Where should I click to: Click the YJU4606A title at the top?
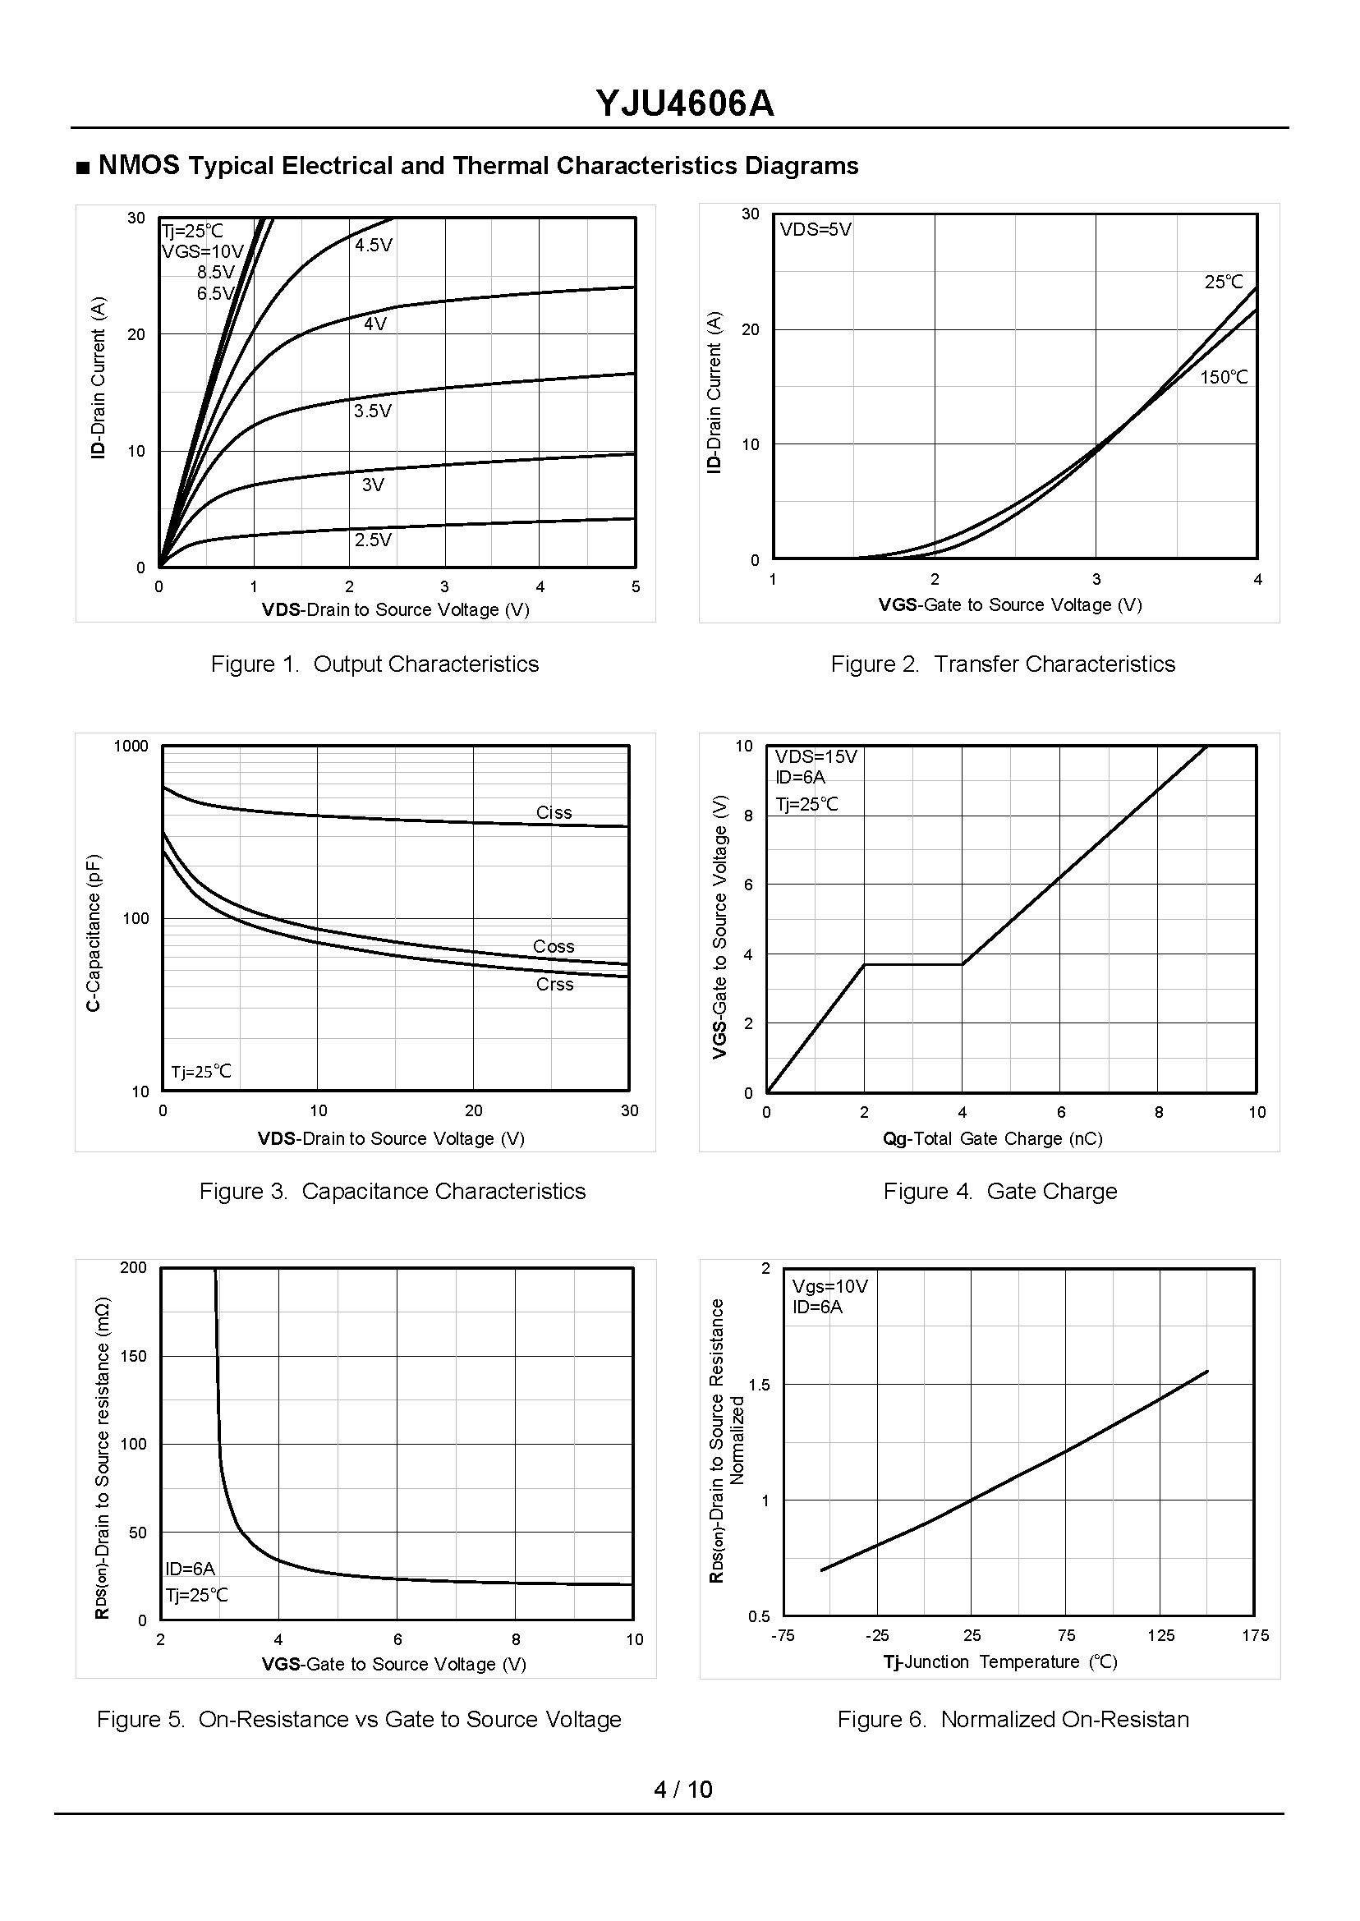(684, 103)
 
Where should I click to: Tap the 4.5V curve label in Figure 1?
(374, 246)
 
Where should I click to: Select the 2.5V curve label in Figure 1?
(373, 540)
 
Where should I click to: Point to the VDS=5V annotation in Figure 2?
(816, 229)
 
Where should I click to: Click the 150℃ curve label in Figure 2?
(1224, 378)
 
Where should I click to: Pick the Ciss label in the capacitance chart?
(554, 812)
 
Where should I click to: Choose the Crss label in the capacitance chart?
(554, 985)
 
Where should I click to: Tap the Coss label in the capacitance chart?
(554, 946)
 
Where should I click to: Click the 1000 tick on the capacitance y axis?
(131, 746)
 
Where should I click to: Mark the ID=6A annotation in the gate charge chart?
(800, 776)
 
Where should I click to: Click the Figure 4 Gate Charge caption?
(1000, 1191)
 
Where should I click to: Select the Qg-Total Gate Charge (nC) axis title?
(992, 1138)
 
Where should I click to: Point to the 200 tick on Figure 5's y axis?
(133, 1268)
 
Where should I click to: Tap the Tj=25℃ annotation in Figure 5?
(197, 1595)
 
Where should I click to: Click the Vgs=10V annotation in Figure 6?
(830, 1286)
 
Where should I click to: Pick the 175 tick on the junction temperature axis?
(1256, 1635)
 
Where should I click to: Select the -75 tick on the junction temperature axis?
(783, 1635)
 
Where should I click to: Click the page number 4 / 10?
(682, 1790)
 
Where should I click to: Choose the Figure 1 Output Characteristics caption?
(374, 664)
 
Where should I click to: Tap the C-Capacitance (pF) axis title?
(94, 932)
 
